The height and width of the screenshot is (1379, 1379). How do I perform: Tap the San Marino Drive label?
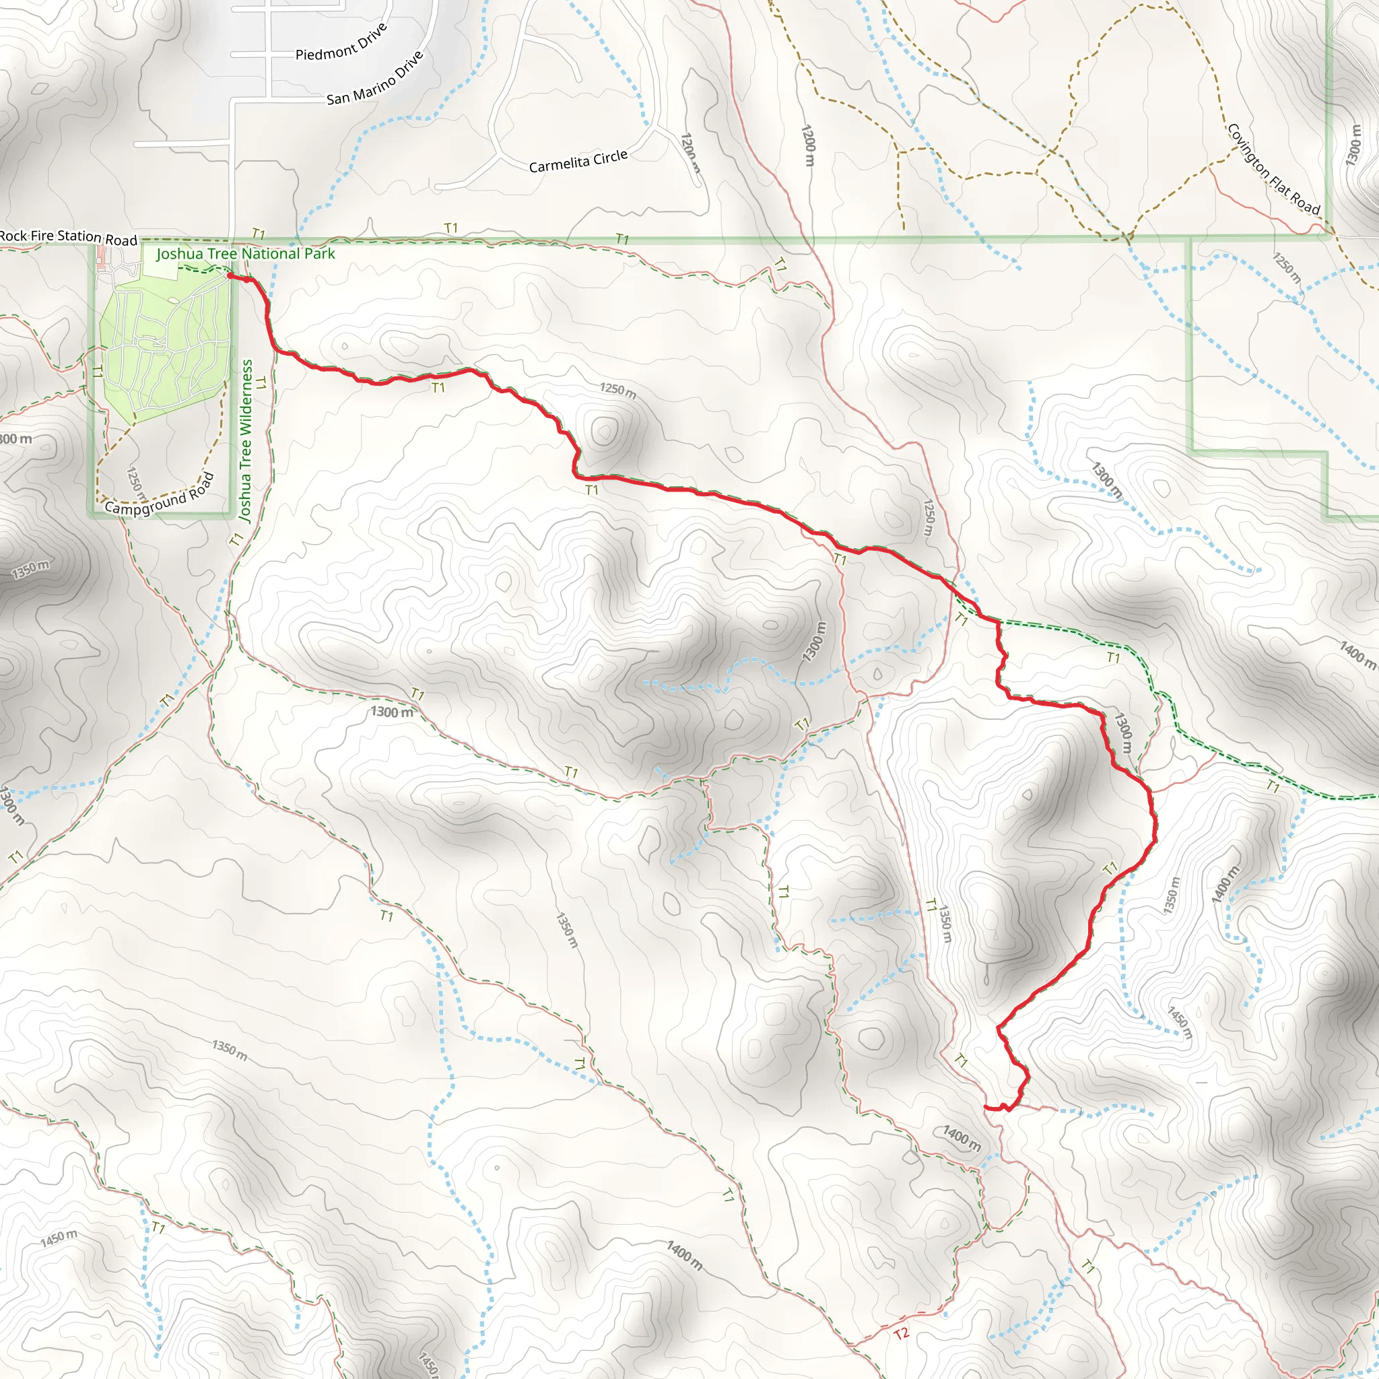(x=375, y=79)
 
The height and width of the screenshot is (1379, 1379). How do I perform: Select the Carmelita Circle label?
(x=578, y=162)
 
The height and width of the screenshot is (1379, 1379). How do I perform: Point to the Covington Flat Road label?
(x=1273, y=169)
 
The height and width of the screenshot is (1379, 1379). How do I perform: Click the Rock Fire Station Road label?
(x=69, y=237)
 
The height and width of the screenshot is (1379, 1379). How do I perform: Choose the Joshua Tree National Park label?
(x=246, y=254)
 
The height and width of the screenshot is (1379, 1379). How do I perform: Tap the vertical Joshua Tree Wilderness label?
(x=246, y=440)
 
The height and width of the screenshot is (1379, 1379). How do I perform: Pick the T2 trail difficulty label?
(x=902, y=1333)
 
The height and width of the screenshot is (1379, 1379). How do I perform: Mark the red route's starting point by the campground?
(x=230, y=275)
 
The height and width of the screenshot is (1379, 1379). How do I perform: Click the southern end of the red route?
(x=987, y=1107)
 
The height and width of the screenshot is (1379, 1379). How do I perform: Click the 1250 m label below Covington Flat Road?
(x=1286, y=265)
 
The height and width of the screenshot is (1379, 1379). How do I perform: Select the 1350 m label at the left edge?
(x=30, y=569)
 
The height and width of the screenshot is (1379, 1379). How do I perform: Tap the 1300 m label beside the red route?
(x=1122, y=733)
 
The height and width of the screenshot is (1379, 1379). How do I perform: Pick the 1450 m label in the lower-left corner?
(x=59, y=1238)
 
